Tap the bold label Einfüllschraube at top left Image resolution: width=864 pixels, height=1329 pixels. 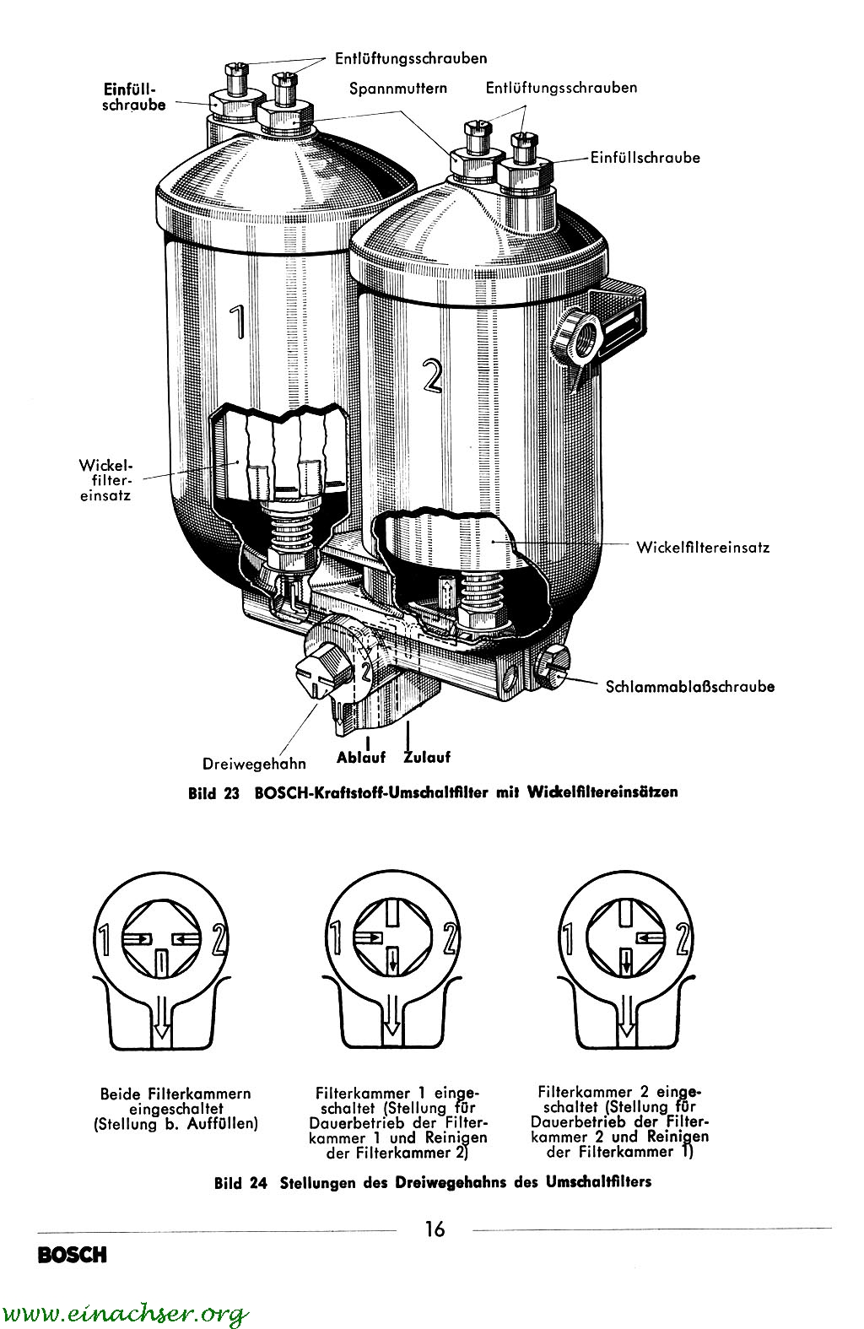[133, 96]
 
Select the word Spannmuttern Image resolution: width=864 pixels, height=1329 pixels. [399, 88]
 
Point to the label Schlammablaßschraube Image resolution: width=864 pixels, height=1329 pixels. [689, 686]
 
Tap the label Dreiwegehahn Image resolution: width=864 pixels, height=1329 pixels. [254, 764]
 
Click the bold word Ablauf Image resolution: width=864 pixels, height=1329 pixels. [360, 757]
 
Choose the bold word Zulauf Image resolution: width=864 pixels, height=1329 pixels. [427, 757]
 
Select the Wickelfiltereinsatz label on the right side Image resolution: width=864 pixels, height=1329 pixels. [703, 547]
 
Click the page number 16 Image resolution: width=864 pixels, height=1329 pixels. [435, 1229]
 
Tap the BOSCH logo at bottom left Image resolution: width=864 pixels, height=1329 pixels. [72, 1256]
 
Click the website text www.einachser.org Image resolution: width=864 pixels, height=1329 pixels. [127, 1313]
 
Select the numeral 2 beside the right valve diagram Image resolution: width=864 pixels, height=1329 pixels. [683, 938]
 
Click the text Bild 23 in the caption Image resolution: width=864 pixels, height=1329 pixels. [215, 793]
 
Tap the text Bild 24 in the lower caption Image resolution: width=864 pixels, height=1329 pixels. [240, 1182]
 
